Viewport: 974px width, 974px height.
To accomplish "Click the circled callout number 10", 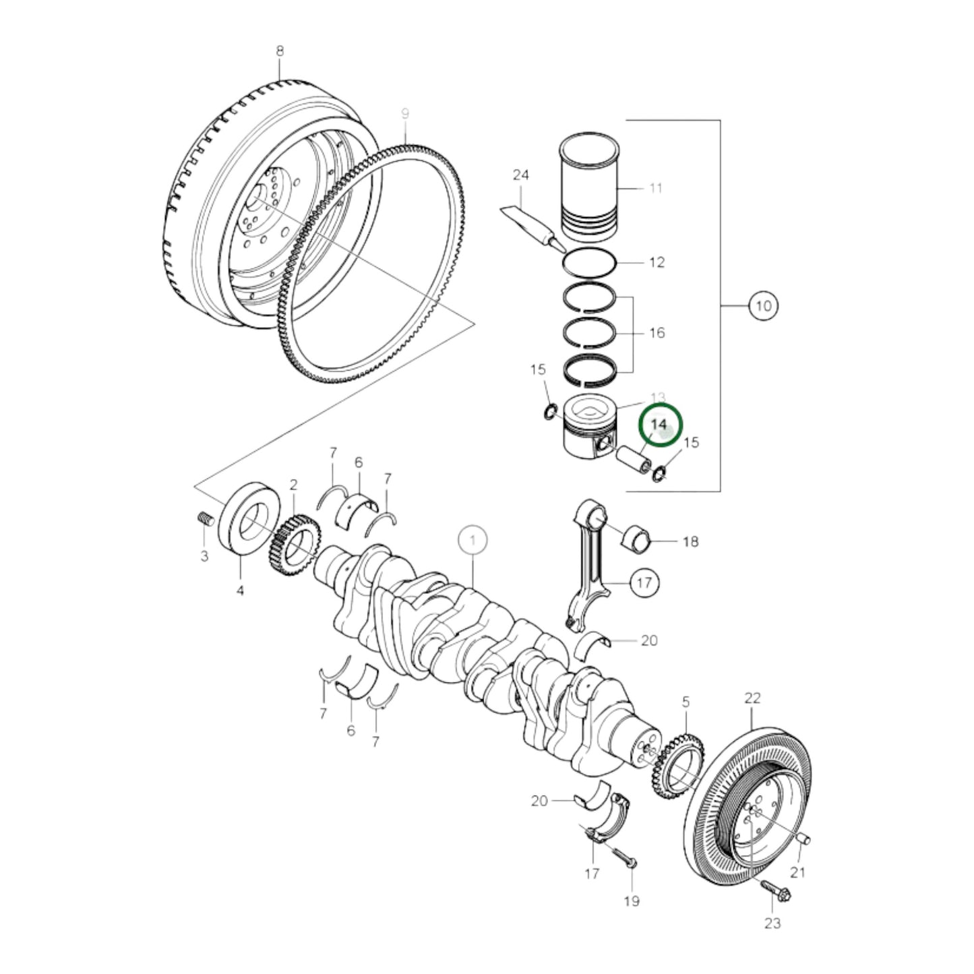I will pyautogui.click(x=762, y=305).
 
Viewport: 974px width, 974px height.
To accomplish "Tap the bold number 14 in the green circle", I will pyautogui.click(x=659, y=425).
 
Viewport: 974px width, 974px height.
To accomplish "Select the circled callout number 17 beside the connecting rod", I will pyautogui.click(x=644, y=582).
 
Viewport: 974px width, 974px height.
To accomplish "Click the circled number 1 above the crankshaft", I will pyautogui.click(x=473, y=540).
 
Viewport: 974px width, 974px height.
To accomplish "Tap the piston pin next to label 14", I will pyautogui.click(x=634, y=460).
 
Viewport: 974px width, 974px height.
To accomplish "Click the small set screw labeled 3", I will pyautogui.click(x=205, y=519).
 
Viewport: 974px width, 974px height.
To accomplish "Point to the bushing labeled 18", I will pyautogui.click(x=640, y=537).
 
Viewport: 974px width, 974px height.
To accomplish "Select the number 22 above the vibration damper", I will pyautogui.click(x=752, y=698).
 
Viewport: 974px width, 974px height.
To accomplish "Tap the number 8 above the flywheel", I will pyautogui.click(x=280, y=51).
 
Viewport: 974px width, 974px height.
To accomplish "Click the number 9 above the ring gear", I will pyautogui.click(x=405, y=115).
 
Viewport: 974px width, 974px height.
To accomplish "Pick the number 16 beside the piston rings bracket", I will pyautogui.click(x=657, y=332).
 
